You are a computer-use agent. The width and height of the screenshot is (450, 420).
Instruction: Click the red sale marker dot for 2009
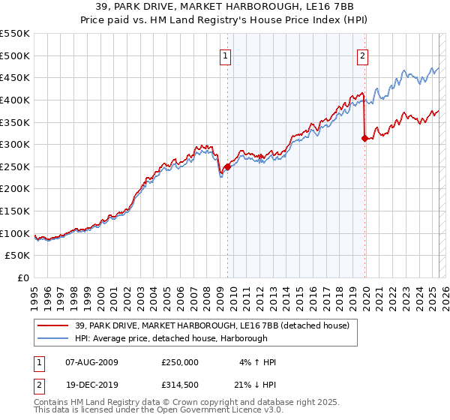[227, 166]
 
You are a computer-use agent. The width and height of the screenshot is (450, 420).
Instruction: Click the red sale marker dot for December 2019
[364, 138]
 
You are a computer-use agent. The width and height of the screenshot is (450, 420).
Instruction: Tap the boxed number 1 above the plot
[226, 54]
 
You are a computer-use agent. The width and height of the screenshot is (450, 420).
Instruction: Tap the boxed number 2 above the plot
[363, 54]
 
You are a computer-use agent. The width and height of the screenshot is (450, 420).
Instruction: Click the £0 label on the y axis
[23, 277]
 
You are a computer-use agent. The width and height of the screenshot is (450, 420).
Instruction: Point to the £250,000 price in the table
[179, 362]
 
